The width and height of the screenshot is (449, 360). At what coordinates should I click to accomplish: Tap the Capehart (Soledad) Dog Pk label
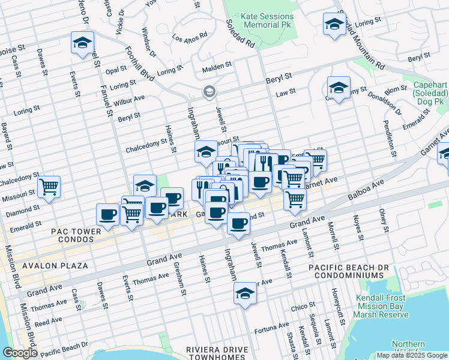[430, 94]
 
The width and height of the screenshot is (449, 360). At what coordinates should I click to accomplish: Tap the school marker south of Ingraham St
[244, 294]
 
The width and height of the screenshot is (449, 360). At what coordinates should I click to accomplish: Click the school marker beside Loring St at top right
[334, 25]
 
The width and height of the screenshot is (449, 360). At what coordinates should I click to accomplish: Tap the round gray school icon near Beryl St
[209, 91]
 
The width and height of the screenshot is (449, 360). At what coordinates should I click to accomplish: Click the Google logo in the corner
[20, 353]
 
